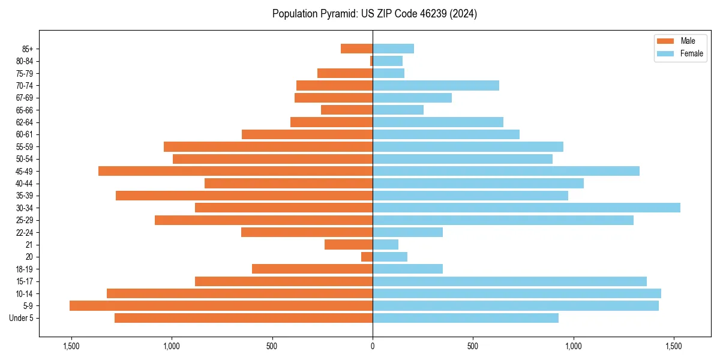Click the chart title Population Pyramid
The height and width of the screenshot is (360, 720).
coord(374,14)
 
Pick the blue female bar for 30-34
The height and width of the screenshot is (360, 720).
coord(526,208)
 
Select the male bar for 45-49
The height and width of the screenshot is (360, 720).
coord(235,171)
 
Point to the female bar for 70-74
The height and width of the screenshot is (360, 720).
coord(436,85)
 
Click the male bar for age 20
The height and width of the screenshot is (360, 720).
coord(367,257)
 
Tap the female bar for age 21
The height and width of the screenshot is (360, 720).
coord(385,245)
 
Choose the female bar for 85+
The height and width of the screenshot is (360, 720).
coord(393,49)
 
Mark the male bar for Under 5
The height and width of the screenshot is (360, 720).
coord(243,318)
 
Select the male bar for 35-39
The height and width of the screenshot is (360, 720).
coord(244,196)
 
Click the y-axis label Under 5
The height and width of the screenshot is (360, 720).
coord(22,318)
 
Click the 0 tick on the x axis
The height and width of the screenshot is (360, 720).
coord(373,346)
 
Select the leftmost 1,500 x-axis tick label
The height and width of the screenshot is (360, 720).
coord(71,346)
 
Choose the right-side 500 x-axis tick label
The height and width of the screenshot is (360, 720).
coord(473,346)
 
